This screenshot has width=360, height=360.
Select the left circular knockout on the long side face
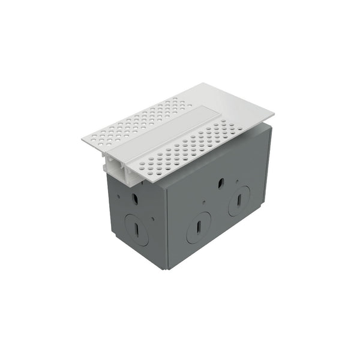pyautogui.click(x=199, y=227)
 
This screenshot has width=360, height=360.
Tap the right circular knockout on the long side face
pyautogui.click(x=239, y=200)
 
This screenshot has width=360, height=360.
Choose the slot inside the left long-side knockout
pyautogui.click(x=197, y=227)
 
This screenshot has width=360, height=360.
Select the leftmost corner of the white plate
pyautogui.click(x=82, y=139)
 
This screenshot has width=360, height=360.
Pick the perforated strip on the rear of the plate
pyautogui.click(x=144, y=118)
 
